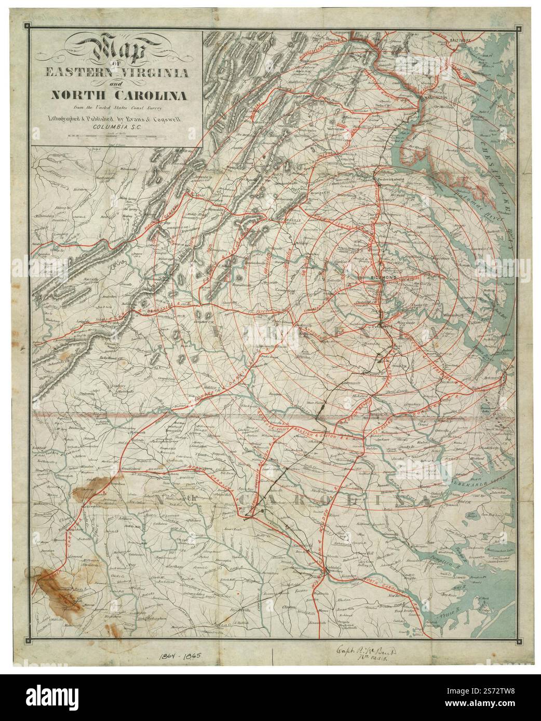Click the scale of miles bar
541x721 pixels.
coord(117,137)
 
